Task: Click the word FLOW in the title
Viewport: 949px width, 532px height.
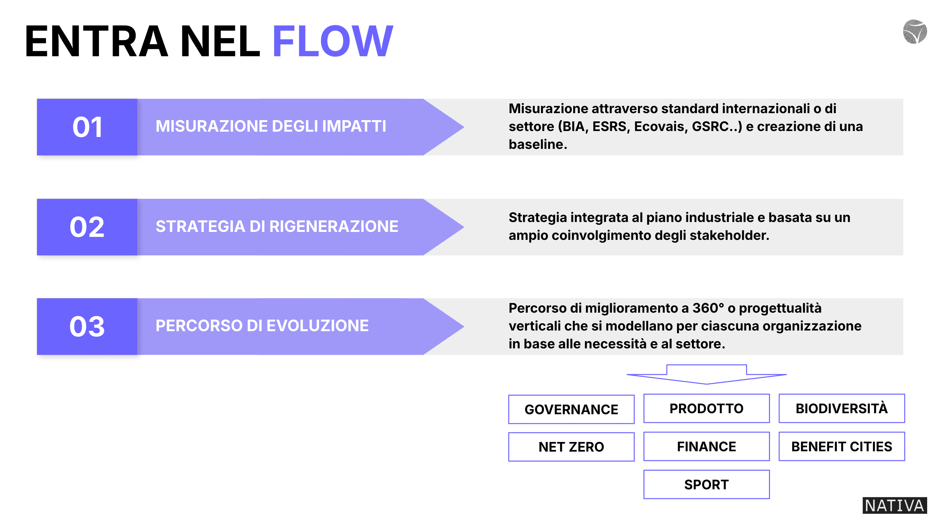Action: click(x=333, y=41)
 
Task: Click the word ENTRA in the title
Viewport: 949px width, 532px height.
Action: click(x=97, y=41)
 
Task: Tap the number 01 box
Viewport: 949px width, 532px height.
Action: click(x=87, y=127)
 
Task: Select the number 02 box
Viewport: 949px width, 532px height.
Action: click(x=87, y=227)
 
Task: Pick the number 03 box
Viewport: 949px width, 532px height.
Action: click(x=87, y=327)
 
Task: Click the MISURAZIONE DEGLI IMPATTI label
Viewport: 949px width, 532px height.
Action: click(x=271, y=126)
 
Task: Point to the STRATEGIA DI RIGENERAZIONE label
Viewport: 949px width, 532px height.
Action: click(x=277, y=226)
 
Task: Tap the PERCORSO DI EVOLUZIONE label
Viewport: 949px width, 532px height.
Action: click(x=262, y=326)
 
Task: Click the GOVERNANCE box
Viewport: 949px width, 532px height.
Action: click(x=571, y=409)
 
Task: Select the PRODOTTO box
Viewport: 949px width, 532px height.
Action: click(x=706, y=408)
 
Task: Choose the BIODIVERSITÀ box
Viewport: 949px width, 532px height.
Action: click(x=841, y=408)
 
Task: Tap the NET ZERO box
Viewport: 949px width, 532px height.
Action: click(x=571, y=447)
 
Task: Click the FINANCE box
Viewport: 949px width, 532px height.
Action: click(x=706, y=447)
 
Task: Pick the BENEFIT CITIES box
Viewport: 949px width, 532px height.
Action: click(x=841, y=447)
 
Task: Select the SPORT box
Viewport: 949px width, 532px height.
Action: click(x=706, y=484)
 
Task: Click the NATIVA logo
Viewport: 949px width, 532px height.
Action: click(x=894, y=506)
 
